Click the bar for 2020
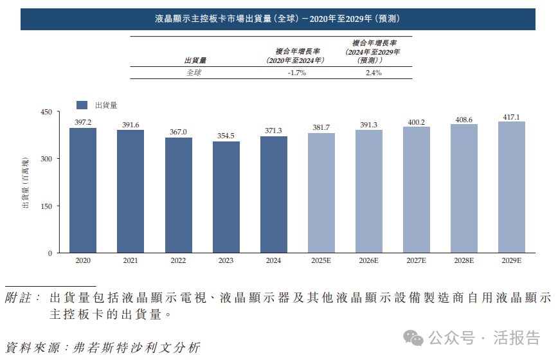83,190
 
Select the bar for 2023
226,197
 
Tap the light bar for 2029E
511,187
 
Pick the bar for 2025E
321,193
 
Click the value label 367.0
178,132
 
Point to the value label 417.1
511,117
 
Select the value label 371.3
273,130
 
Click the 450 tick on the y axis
46,112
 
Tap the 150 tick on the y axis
46,206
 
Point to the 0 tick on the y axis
50,253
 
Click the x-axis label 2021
130,260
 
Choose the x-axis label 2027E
416,260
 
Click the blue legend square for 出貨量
82,105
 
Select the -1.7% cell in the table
296,73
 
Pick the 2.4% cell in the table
373,73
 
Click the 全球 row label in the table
194,73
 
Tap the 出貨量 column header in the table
195,60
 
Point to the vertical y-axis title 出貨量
26,183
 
